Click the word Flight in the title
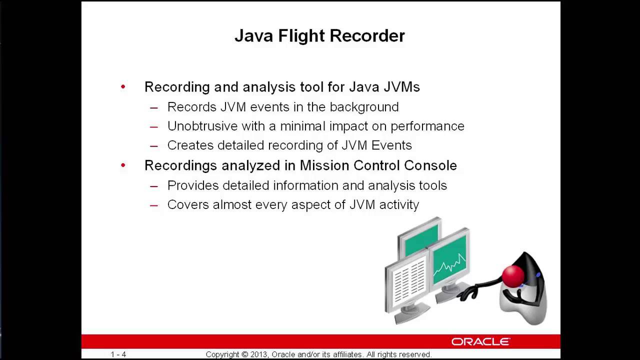295,36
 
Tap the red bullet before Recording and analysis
123,87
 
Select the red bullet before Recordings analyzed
123,165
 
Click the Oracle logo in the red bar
480,341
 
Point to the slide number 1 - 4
118,354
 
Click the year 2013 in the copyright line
259,354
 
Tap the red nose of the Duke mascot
512,275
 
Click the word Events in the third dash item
393,145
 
